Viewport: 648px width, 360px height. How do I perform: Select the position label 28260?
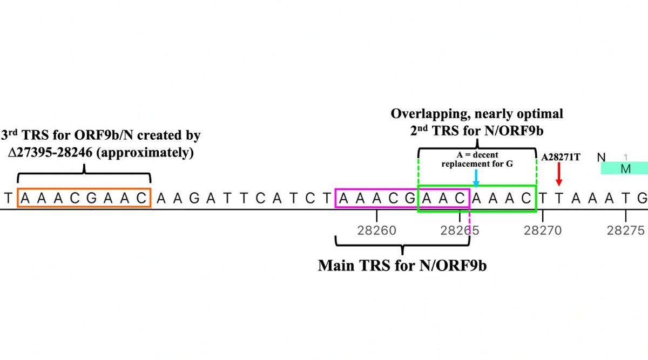tap(376, 231)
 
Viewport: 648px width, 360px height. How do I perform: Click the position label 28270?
tap(543, 231)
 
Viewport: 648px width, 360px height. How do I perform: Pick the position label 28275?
tap(626, 231)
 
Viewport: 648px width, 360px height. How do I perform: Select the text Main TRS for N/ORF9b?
tap(402, 266)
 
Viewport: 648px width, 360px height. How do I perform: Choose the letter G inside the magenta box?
tap(409, 198)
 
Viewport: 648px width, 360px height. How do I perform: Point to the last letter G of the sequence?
tap(642, 198)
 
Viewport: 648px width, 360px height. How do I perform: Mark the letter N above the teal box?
tap(601, 158)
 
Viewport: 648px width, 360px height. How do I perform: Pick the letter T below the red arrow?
tap(559, 198)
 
